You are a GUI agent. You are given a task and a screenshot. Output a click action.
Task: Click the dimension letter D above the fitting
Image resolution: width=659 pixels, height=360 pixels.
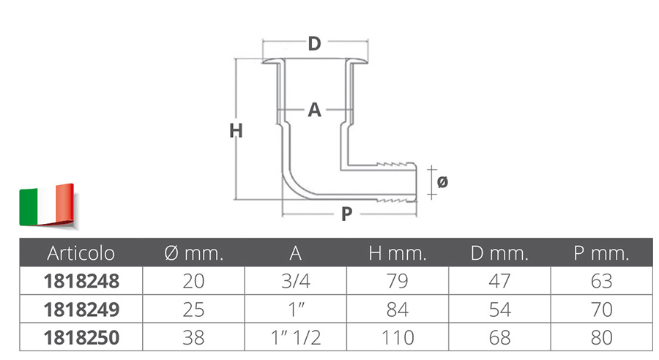coord(314,43)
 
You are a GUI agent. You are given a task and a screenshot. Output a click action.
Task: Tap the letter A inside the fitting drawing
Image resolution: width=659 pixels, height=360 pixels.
coord(314,110)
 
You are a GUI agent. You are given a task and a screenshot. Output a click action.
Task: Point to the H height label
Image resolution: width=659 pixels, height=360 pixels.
coord(236,131)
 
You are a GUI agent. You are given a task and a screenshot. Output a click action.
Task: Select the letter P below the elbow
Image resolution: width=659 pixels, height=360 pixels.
coord(347,214)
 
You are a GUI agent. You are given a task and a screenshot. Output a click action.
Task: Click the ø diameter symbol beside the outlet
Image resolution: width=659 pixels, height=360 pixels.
coord(442,182)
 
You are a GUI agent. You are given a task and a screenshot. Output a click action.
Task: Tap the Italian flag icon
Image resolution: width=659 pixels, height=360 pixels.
coord(48,206)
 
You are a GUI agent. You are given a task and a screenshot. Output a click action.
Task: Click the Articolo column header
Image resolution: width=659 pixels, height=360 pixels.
coord(81,253)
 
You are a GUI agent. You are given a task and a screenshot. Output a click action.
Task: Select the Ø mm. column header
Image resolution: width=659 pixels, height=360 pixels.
coord(194,253)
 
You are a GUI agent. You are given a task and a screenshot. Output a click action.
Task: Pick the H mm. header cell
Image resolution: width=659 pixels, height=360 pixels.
coord(398,253)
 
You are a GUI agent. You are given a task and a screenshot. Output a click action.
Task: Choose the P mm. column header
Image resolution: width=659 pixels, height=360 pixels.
coord(601,253)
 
